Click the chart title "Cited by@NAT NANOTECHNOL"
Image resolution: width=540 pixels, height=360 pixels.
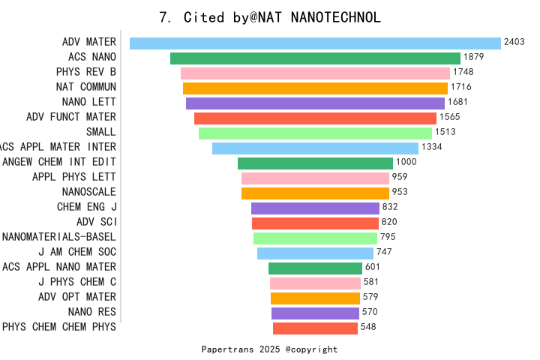(x=282, y=17)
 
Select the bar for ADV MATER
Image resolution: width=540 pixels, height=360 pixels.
(x=315, y=43)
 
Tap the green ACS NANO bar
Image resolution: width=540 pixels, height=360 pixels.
(x=315, y=58)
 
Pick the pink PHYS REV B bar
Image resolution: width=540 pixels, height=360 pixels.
(x=315, y=73)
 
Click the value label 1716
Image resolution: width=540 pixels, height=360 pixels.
(x=461, y=87)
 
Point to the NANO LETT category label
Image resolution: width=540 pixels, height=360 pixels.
(x=88, y=102)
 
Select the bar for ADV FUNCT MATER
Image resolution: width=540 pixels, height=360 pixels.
(x=315, y=118)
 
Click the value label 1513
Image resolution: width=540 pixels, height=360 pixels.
(x=445, y=132)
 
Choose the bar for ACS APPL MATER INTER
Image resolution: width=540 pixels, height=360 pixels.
(x=315, y=148)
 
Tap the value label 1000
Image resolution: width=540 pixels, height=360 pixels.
(x=406, y=162)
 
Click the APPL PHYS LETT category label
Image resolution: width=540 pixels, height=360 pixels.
(x=74, y=177)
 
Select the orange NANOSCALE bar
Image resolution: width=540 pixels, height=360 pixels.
(x=315, y=193)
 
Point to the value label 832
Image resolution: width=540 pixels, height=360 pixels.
(x=390, y=207)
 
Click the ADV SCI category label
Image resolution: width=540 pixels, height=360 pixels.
(x=97, y=222)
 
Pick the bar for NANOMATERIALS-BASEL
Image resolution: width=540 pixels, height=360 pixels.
(x=315, y=238)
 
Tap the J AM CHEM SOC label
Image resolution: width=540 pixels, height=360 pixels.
(x=77, y=252)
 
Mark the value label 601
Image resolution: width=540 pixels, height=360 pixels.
(x=372, y=267)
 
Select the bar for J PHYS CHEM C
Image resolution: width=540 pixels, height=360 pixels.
(x=315, y=283)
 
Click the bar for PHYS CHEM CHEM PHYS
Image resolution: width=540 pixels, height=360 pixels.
(x=315, y=328)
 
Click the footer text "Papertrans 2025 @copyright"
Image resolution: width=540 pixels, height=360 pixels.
(x=269, y=349)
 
